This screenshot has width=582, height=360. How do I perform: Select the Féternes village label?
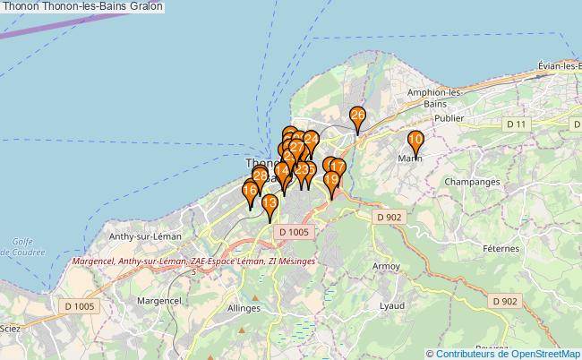500,248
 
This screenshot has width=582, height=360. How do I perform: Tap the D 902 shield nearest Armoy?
389,217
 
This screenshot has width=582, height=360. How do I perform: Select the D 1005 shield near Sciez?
79,306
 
